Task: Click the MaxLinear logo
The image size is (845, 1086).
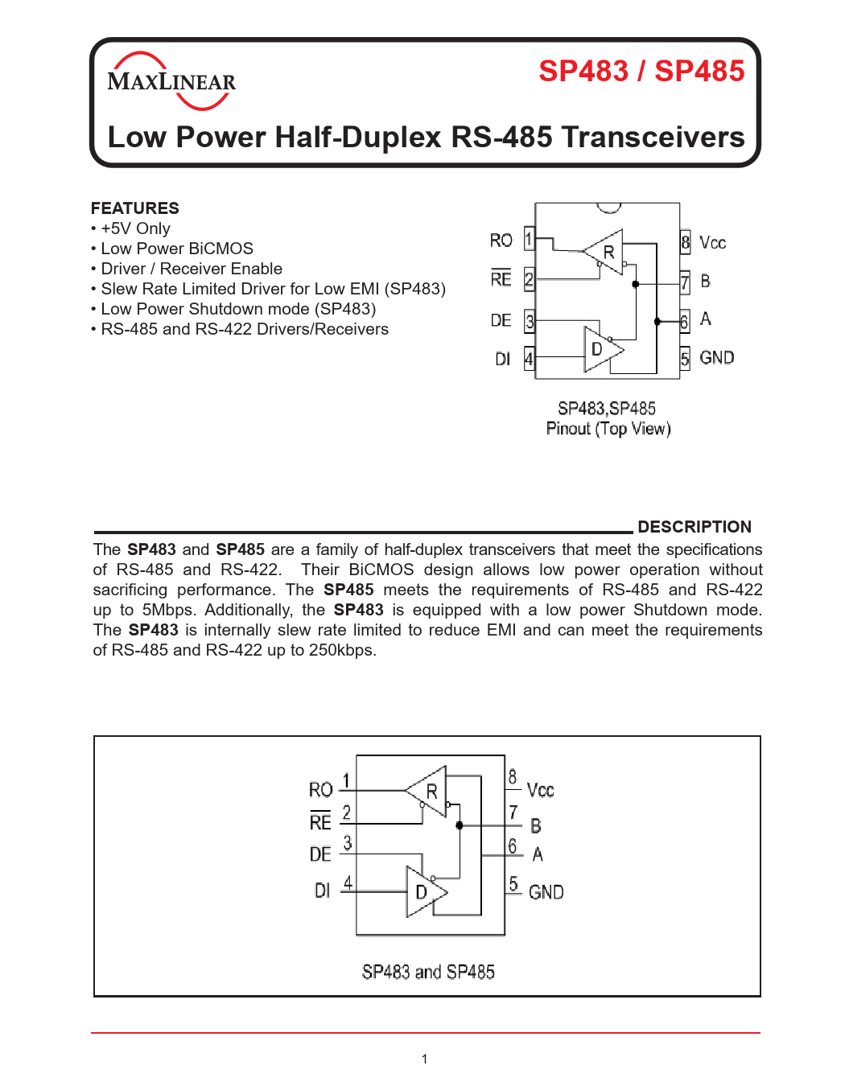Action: [171, 81]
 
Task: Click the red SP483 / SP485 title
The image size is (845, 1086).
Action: [641, 71]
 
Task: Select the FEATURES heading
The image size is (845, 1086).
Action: [135, 208]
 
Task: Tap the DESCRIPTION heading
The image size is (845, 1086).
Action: [694, 527]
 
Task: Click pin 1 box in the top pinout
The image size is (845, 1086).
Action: [529, 239]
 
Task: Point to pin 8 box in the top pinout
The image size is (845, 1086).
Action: [685, 241]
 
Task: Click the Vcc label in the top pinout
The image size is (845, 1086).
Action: [712, 243]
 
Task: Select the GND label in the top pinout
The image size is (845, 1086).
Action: [716, 358]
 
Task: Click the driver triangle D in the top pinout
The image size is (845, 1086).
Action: [600, 349]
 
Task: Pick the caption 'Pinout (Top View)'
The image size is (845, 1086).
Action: [608, 429]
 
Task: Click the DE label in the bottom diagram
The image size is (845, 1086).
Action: [320, 854]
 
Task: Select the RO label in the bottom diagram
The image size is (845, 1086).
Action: [320, 790]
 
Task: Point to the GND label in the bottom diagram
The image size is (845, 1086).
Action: [546, 892]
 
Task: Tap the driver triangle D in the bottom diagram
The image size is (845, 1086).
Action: [423, 891]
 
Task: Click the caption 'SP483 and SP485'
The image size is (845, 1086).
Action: [428, 973]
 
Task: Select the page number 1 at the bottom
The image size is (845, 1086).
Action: [424, 1059]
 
